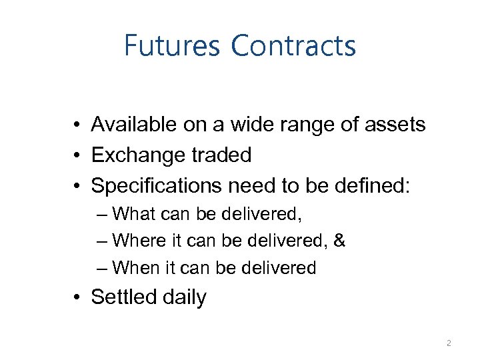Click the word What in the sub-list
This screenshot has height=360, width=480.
click(x=134, y=214)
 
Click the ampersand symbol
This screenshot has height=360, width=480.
click(x=339, y=241)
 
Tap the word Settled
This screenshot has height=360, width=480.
click(x=123, y=297)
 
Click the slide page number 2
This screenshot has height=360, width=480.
click(x=449, y=343)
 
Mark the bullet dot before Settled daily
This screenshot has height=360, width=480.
click(x=78, y=297)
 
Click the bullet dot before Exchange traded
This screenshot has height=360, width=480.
click(x=78, y=155)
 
